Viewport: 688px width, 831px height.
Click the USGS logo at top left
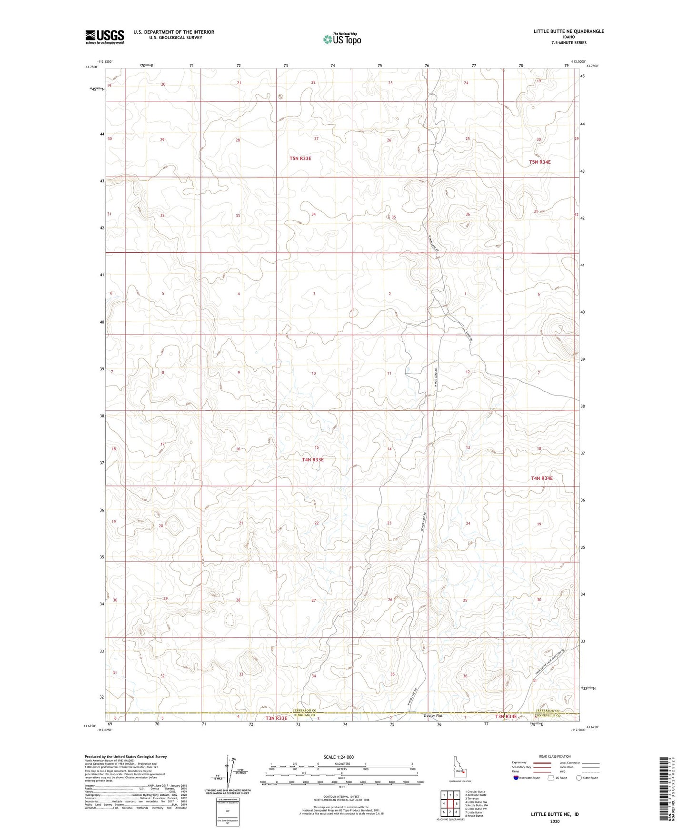click(105, 36)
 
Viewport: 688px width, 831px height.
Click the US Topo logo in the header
click(341, 39)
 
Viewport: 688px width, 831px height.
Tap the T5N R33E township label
click(300, 158)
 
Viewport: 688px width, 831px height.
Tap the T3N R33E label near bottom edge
click(276, 718)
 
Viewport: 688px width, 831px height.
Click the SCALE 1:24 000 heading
click(339, 757)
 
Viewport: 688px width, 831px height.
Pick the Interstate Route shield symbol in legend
click(516, 778)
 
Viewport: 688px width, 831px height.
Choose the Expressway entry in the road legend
click(521, 763)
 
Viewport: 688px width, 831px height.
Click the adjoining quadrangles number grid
click(450, 803)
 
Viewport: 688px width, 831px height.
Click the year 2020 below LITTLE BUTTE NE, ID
click(554, 821)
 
